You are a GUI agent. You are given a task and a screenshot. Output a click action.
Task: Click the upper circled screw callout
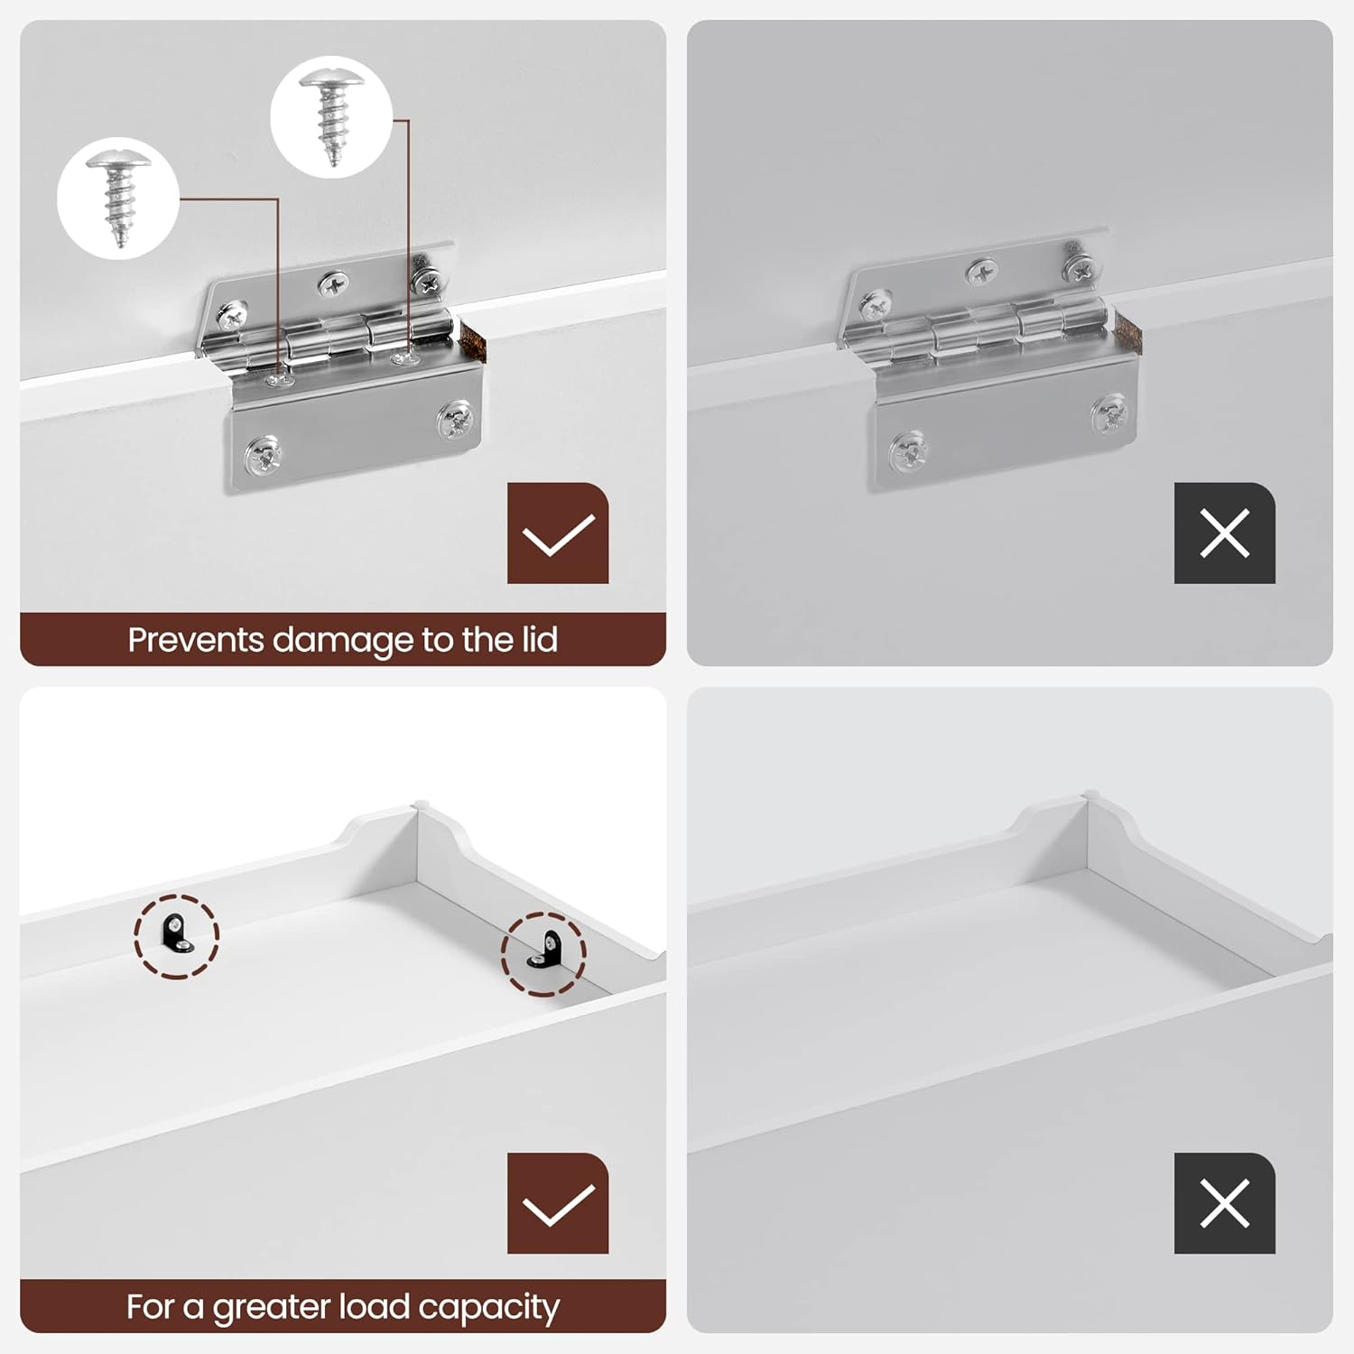pyautogui.click(x=331, y=117)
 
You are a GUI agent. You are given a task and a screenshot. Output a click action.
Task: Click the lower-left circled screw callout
pyautogui.click(x=118, y=199)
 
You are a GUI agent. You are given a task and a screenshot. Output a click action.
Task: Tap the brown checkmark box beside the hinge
pyautogui.click(x=558, y=533)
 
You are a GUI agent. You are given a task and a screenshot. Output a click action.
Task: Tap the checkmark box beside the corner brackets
pyautogui.click(x=558, y=1203)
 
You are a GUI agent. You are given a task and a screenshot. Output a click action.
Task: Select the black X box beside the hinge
pyautogui.click(x=1225, y=533)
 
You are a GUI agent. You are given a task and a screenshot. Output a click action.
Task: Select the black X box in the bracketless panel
pyautogui.click(x=1225, y=1203)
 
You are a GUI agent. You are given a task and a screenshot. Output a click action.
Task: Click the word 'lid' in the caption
pyautogui.click(x=540, y=639)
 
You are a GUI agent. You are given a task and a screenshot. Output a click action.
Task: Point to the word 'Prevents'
pyautogui.click(x=196, y=640)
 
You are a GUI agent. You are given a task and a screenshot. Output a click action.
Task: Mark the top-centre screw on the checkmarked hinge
pyautogui.click(x=334, y=284)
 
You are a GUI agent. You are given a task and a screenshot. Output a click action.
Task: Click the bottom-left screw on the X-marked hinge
pyautogui.click(x=908, y=450)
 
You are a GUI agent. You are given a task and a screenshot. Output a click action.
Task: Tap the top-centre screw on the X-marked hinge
pyautogui.click(x=982, y=272)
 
